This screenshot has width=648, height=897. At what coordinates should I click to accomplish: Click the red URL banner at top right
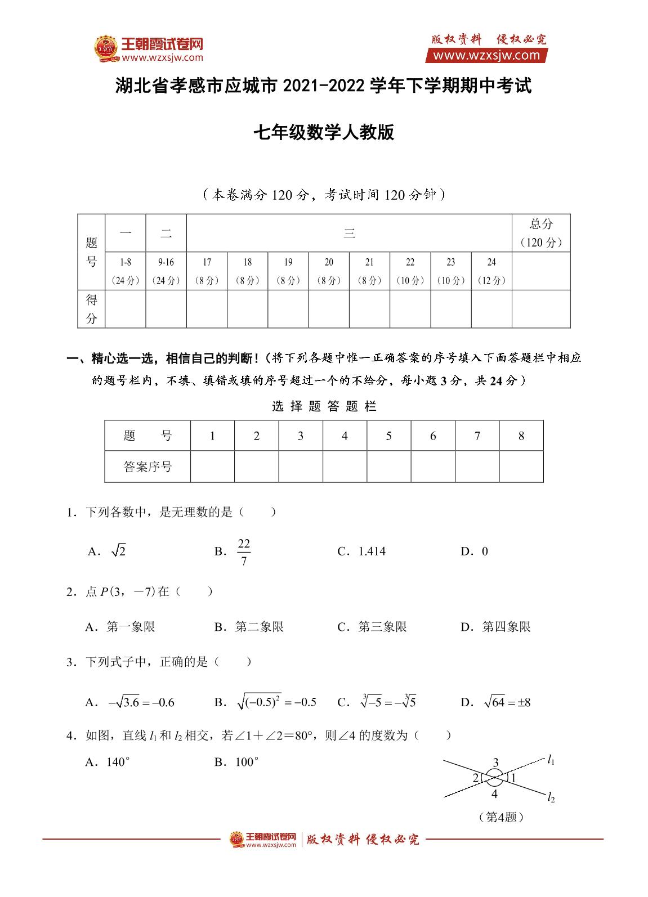pos(486,55)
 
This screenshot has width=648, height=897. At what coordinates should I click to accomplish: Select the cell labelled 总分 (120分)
pos(540,233)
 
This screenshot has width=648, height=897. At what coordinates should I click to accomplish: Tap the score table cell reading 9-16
pos(166,271)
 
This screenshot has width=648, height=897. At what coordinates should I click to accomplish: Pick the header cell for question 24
pos(491,271)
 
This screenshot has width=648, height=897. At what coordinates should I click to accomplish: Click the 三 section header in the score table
pos(349,233)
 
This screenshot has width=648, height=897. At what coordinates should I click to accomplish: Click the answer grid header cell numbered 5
pos(389,436)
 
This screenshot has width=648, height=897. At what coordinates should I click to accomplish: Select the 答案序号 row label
pos(148,467)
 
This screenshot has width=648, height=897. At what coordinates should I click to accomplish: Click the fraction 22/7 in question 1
pos(243,552)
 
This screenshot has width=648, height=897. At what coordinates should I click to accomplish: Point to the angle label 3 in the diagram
pos(495,763)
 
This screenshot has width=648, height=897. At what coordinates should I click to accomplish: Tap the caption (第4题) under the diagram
pos(500,817)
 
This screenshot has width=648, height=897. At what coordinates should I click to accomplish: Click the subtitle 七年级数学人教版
pos(324,133)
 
